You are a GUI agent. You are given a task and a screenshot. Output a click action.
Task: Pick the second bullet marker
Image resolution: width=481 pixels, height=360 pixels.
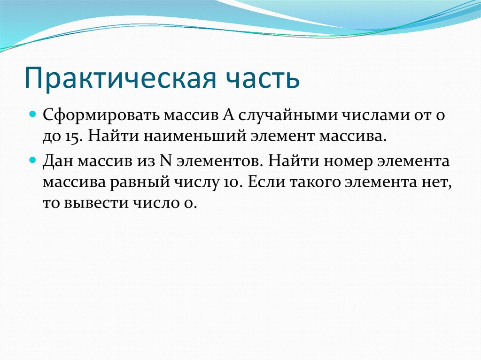33,160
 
